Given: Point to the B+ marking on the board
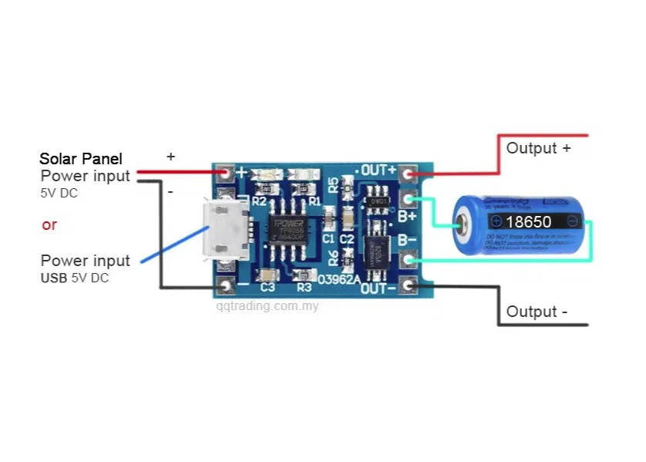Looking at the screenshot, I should coord(408,217).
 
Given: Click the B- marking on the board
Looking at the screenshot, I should coord(408,240).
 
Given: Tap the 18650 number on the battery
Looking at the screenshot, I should coord(528,221).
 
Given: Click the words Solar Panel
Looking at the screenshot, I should coord(81,159).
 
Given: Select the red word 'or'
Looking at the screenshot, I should coord(49,225).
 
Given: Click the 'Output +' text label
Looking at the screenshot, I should coord(538,148).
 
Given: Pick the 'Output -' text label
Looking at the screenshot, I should coord(537,312).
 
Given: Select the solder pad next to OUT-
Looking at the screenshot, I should coord(408,287).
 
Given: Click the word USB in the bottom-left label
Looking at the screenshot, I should coord(54,278).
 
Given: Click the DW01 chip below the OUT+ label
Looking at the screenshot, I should coord(377,200).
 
